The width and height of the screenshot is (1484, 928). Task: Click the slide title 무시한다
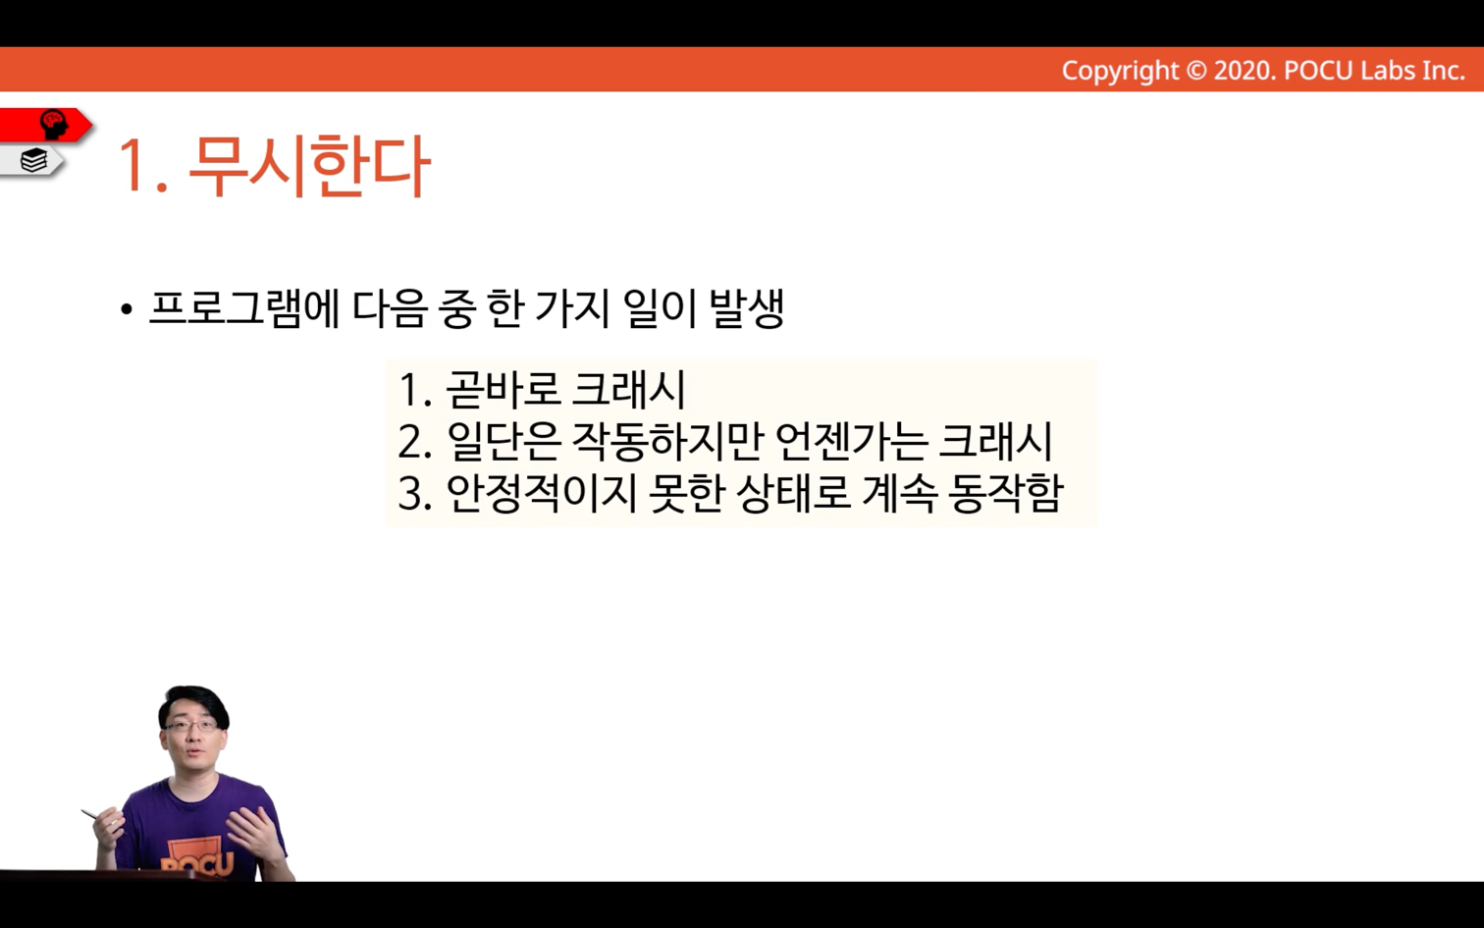[x=309, y=166]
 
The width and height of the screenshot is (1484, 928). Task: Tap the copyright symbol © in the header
[x=1196, y=71]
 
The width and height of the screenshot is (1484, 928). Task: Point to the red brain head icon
[x=53, y=124]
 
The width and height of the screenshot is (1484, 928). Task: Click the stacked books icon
[x=33, y=161]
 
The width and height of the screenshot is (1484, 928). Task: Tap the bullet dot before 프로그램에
[x=127, y=309]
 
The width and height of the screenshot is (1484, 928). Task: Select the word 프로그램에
[x=243, y=309]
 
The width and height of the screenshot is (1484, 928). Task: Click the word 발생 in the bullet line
[x=747, y=309]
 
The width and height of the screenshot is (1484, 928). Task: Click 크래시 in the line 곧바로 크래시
[x=628, y=390]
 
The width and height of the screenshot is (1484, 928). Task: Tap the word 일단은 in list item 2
[x=503, y=442]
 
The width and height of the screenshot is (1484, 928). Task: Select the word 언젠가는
[x=850, y=442]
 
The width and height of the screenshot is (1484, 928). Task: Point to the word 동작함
[x=1006, y=494]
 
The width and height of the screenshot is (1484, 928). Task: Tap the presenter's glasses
[x=192, y=726]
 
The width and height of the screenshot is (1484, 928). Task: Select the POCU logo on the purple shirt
[x=196, y=858]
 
